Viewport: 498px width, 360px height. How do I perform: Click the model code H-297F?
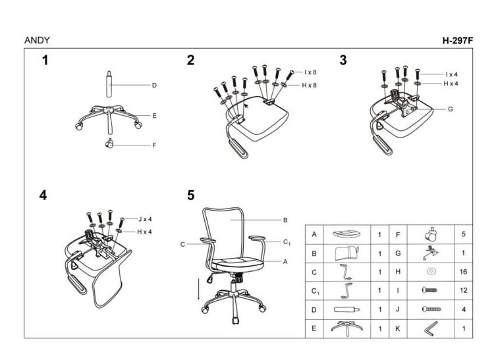457,41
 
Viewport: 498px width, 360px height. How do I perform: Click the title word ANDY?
37,40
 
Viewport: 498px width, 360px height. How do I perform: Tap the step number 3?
343,61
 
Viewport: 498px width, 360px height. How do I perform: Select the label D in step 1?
154,86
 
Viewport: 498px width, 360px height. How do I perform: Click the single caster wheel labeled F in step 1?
109,143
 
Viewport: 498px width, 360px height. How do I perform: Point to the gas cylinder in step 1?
109,84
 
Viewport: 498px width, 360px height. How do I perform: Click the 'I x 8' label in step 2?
310,72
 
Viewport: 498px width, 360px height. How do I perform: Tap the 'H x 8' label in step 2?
309,86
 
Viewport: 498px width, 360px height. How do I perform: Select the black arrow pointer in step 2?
246,105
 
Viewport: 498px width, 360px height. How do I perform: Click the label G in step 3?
450,109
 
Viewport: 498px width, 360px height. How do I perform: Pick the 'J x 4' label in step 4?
145,219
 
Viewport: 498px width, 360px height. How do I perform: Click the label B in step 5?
285,220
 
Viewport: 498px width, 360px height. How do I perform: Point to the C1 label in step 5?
287,242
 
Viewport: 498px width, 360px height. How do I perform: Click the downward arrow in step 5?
198,289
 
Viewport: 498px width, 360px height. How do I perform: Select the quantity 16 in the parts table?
463,272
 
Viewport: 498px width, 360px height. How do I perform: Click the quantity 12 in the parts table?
463,290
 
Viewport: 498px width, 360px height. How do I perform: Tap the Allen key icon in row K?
431,329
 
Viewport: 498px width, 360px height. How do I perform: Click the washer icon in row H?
431,272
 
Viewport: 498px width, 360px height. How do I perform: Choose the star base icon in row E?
346,328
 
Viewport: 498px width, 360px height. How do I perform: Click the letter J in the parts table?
398,309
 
